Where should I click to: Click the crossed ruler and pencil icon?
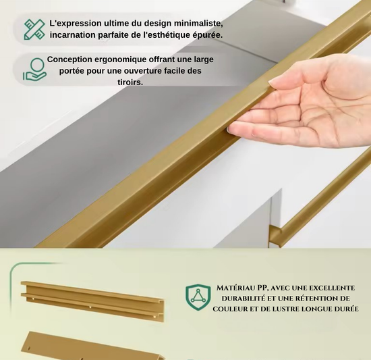pos(34,29)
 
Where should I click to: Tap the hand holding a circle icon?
pos(34,69)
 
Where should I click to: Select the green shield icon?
pos(198,297)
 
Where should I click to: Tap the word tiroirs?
pos(130,82)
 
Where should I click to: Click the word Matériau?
pos(235,288)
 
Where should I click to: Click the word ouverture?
pos(146,71)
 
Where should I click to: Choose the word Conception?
pos(69,59)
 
